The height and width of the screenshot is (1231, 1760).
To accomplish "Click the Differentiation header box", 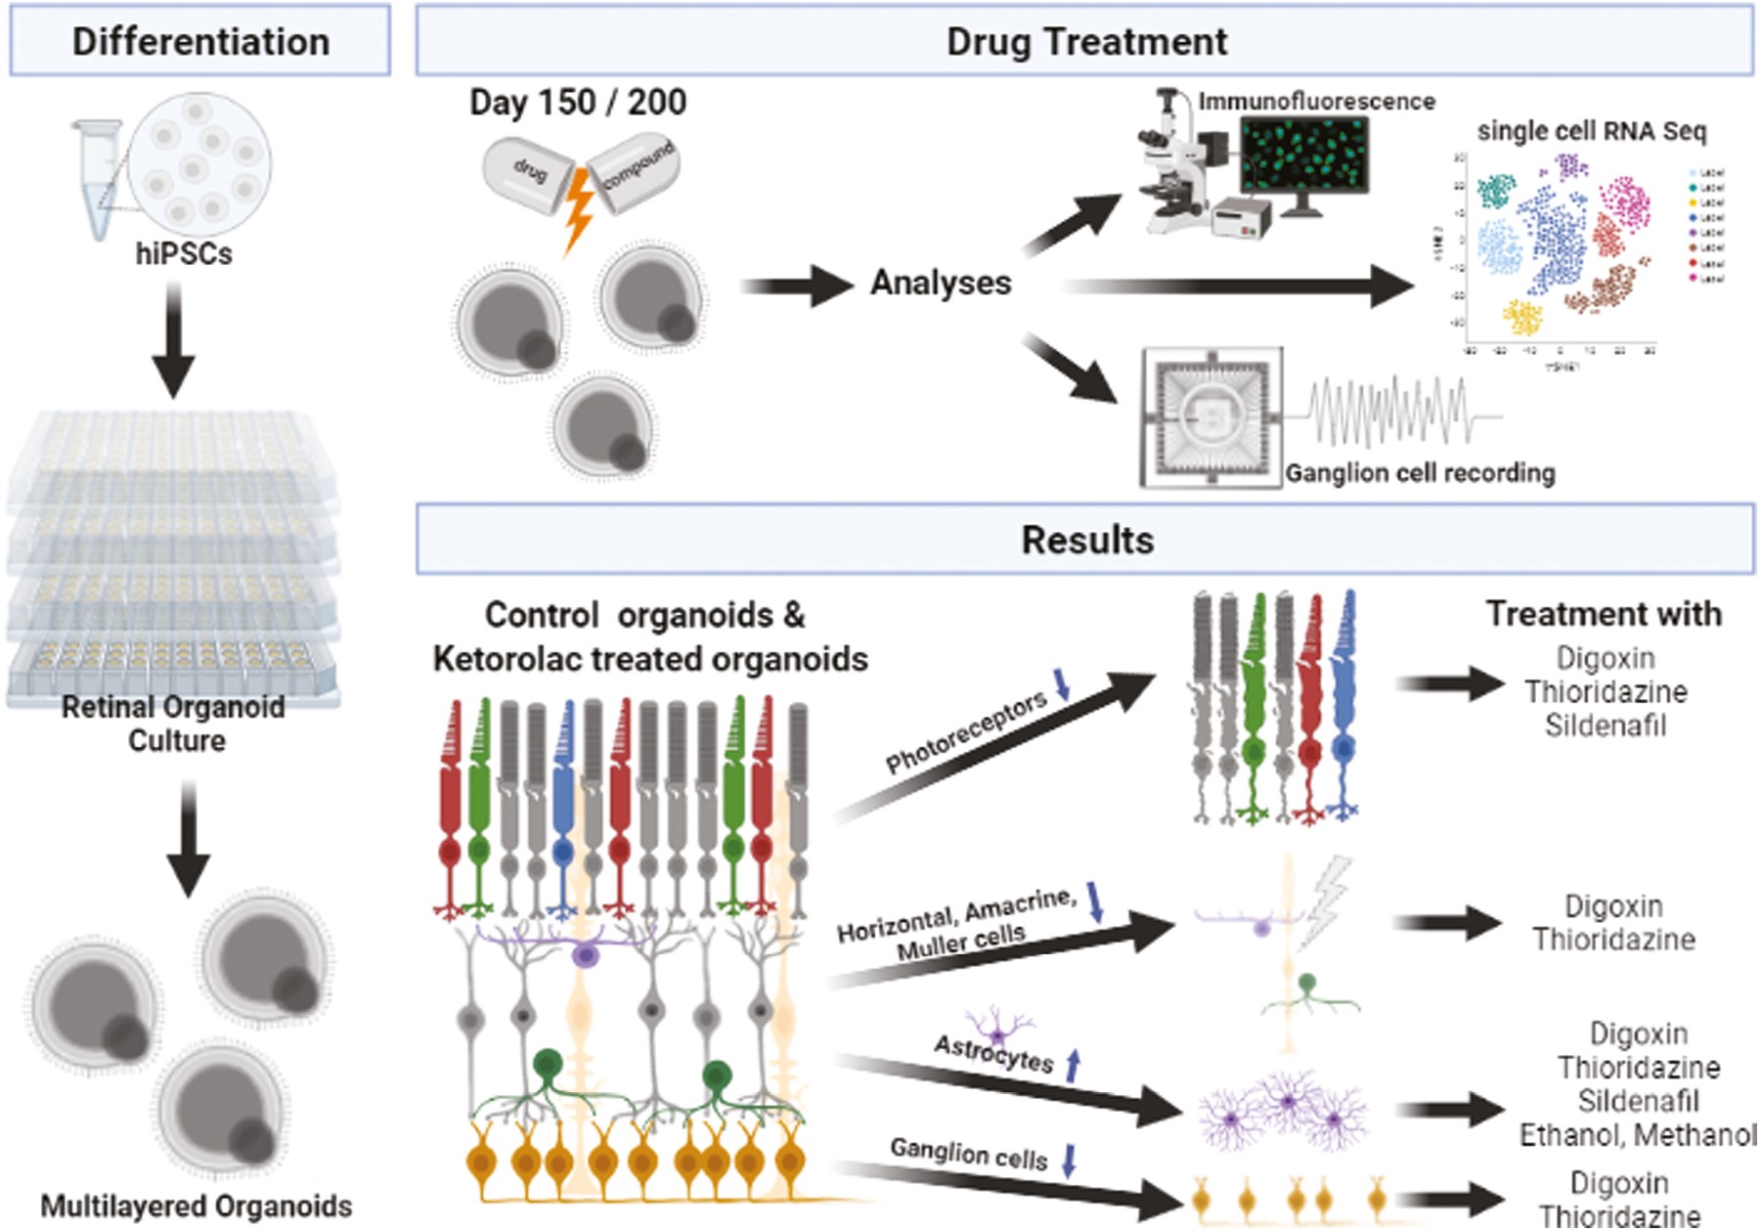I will click(200, 41).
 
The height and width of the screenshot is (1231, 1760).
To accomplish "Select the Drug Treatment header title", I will click(1085, 41).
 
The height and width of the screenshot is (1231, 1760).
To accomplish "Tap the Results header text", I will click(1086, 540).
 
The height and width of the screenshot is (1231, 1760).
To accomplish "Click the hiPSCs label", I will click(184, 254).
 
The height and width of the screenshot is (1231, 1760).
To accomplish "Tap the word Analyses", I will click(941, 283).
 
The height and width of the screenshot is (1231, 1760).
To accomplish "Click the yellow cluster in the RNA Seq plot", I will click(1521, 317).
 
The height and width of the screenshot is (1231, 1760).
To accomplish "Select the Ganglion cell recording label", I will click(1420, 473).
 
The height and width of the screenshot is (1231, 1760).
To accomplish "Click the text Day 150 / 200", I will click(578, 102).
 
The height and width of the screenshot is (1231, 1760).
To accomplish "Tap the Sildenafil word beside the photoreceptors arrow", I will click(1606, 725).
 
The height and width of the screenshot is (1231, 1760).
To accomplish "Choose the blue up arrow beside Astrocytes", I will click(1073, 1065).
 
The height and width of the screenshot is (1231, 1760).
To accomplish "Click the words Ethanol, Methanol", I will click(1638, 1135).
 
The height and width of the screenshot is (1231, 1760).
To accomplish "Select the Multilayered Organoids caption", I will click(196, 1207).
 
